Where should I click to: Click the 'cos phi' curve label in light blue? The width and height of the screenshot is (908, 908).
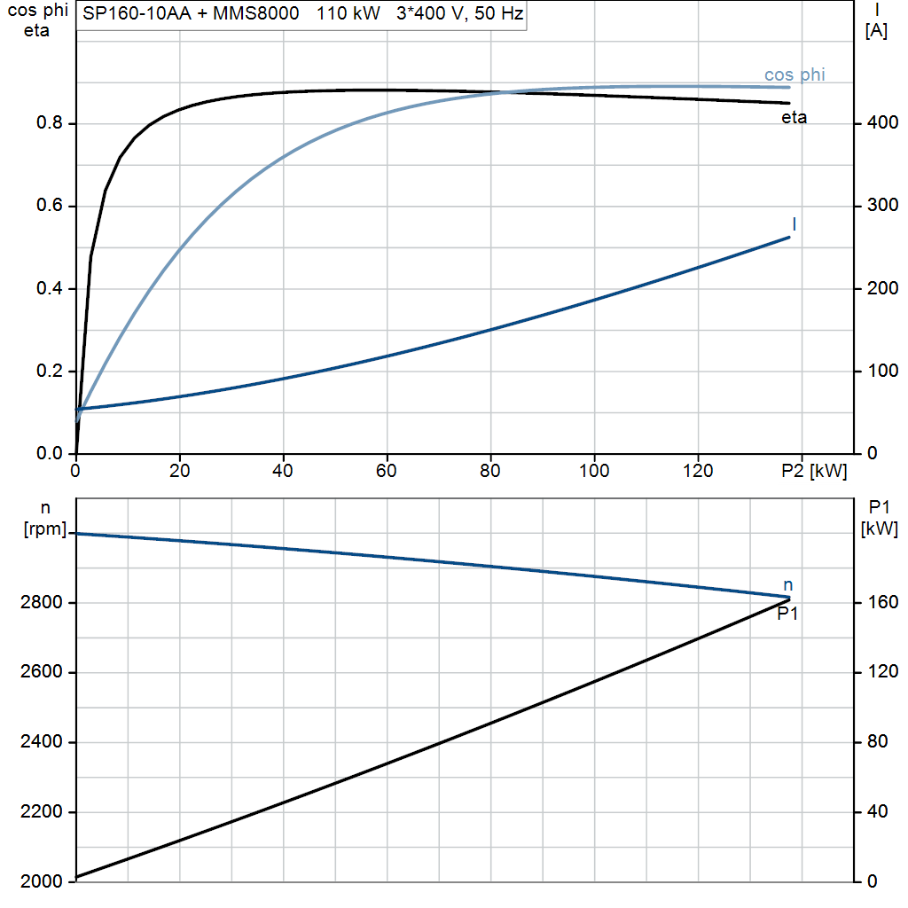click(x=794, y=75)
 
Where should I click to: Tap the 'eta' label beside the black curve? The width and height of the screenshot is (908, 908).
click(x=794, y=118)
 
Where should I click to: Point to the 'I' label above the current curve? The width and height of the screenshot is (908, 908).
click(x=794, y=224)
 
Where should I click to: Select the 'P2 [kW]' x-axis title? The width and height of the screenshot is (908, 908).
click(x=814, y=472)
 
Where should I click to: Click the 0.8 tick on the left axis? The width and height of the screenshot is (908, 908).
click(x=50, y=122)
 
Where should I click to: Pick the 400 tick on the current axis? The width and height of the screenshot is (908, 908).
click(x=882, y=122)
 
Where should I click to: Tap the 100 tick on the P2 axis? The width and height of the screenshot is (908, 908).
click(x=594, y=471)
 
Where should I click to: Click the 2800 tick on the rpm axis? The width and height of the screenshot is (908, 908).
click(x=41, y=602)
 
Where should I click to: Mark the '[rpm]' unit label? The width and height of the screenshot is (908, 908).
click(x=45, y=528)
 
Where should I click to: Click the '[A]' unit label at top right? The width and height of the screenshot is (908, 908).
click(x=876, y=31)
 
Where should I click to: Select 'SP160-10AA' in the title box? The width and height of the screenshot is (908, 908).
click(x=137, y=13)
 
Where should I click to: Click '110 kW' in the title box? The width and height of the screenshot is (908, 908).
click(x=348, y=13)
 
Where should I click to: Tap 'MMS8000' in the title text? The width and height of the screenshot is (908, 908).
click(x=256, y=13)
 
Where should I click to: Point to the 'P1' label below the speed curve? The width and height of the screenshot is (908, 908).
click(x=787, y=614)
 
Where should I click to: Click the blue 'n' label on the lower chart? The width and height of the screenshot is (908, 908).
click(x=788, y=585)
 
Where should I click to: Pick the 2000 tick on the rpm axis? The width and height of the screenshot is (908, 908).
click(x=41, y=881)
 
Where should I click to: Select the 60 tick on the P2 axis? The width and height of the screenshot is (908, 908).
click(x=387, y=471)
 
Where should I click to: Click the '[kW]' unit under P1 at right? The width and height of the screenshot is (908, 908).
click(x=880, y=528)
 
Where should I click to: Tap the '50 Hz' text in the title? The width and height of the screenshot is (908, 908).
click(x=498, y=13)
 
